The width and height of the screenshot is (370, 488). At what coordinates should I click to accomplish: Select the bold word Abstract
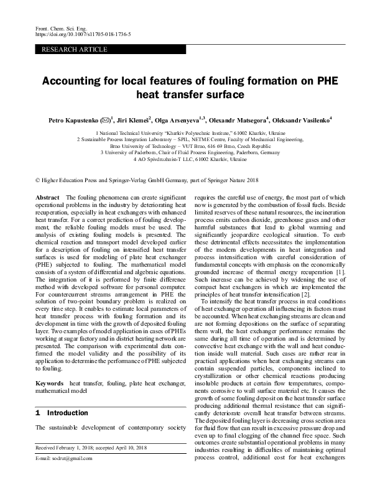[x=48, y=196]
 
